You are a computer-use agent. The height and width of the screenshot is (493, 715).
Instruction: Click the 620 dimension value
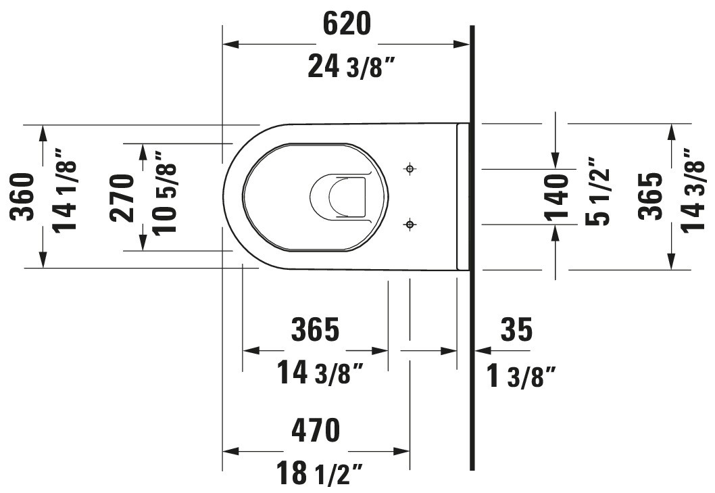point(347,24)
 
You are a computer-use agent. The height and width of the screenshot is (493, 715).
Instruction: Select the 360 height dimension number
point(23,197)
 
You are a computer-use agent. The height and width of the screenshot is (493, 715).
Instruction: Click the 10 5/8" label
point(164,193)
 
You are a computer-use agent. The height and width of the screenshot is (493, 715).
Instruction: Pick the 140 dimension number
point(557,197)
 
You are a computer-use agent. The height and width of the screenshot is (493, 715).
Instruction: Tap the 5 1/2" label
point(597,191)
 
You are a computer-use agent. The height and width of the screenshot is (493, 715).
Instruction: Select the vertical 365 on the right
point(651,197)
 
